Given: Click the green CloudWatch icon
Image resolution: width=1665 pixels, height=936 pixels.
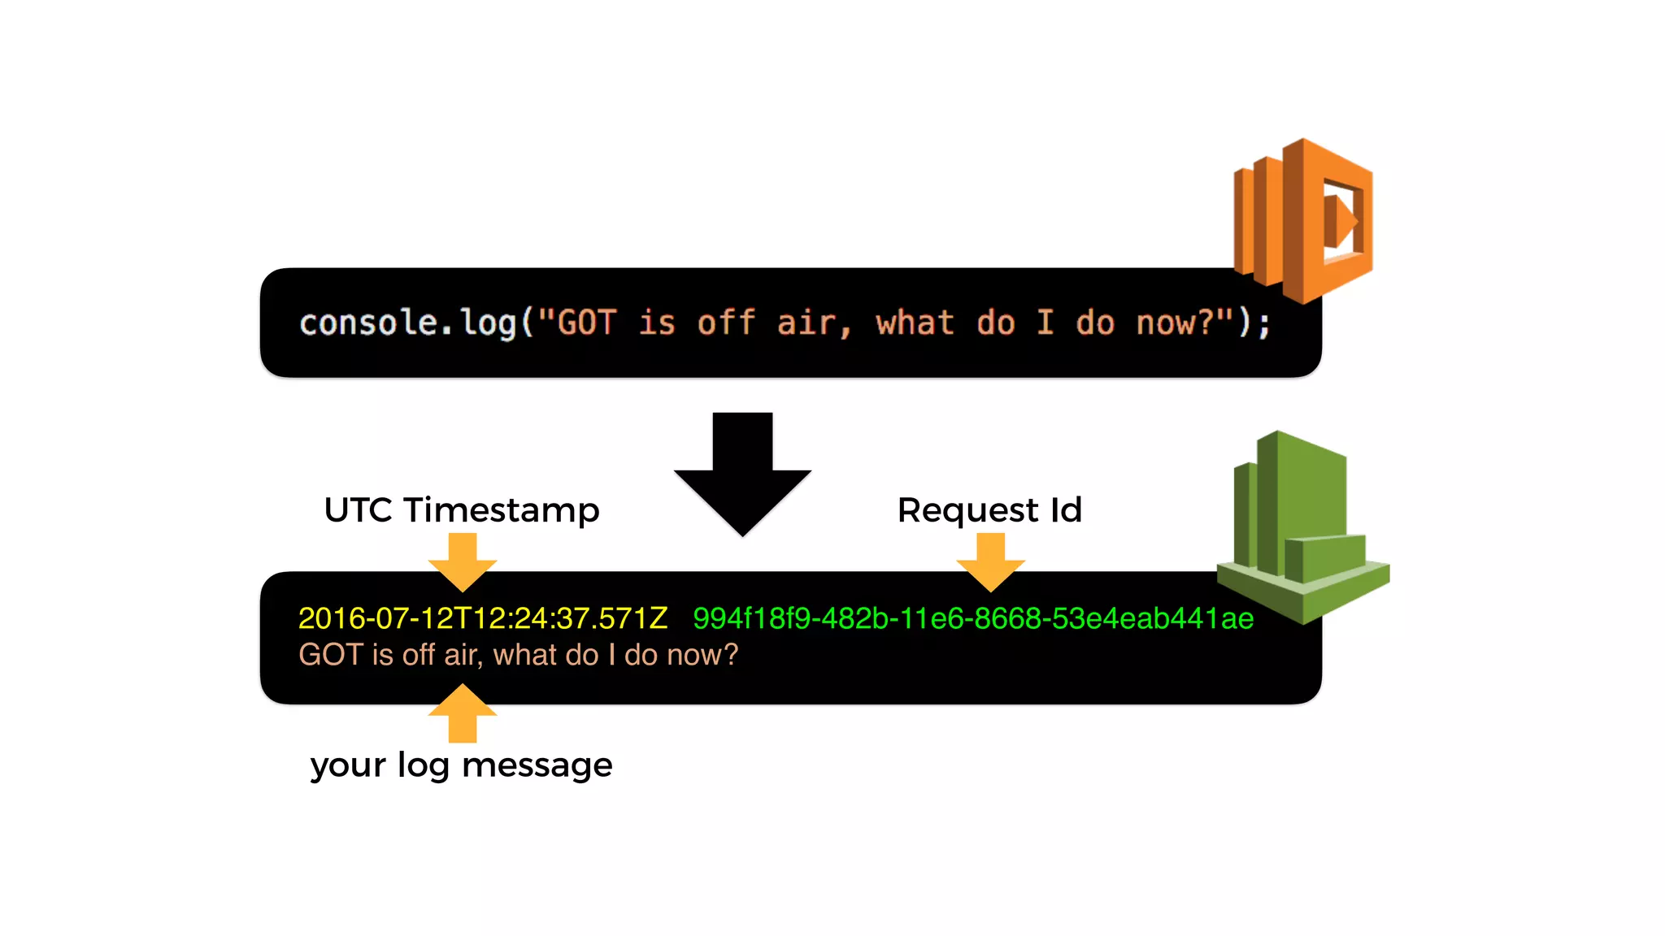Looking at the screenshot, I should pyautogui.click(x=1302, y=528).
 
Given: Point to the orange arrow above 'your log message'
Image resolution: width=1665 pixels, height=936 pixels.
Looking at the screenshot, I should pyautogui.click(x=463, y=713).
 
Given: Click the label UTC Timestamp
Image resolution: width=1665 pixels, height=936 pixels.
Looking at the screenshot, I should pyautogui.click(x=462, y=510).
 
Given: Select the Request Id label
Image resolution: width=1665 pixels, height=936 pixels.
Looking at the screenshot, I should pyautogui.click(x=989, y=510).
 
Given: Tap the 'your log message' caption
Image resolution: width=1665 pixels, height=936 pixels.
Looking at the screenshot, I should pyautogui.click(x=461, y=765).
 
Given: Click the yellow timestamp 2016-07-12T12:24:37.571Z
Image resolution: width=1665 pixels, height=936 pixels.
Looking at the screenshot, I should pyautogui.click(x=483, y=618).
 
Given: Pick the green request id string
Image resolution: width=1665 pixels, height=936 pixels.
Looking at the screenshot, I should pyautogui.click(x=973, y=618).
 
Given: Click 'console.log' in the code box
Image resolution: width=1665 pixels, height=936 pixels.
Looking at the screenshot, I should pyautogui.click(x=407, y=323).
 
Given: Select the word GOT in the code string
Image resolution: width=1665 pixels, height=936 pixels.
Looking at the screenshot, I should pyautogui.click(x=586, y=323).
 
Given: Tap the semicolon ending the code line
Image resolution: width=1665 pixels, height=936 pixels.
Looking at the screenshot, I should pyautogui.click(x=1264, y=325).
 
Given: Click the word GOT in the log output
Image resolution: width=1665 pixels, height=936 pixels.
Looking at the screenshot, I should pyautogui.click(x=330, y=655).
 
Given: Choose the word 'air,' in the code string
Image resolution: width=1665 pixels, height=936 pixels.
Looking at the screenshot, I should pyautogui.click(x=814, y=323).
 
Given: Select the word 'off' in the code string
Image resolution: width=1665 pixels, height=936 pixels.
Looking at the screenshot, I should pyautogui.click(x=726, y=323).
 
